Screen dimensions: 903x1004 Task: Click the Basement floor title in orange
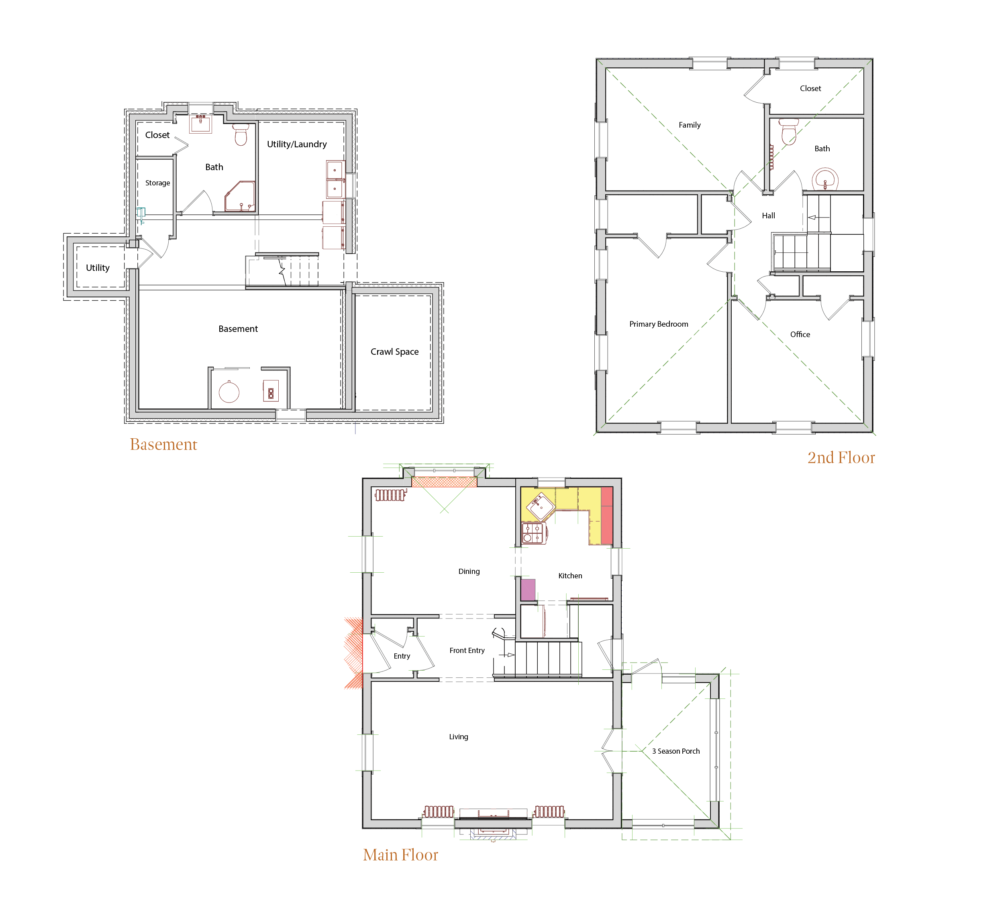tap(163, 445)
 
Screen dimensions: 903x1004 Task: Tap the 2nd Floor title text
tap(841, 458)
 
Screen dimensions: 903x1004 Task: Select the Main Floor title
tap(400, 855)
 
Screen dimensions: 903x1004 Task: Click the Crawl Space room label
tap(394, 352)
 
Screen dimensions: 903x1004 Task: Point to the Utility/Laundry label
tap(296, 144)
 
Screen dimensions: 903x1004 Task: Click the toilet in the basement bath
tap(241, 134)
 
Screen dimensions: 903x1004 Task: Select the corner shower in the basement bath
tap(240, 197)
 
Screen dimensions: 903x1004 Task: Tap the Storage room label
tap(157, 183)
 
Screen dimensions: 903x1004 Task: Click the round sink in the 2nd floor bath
tap(825, 179)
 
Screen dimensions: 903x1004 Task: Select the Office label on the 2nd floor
tap(800, 334)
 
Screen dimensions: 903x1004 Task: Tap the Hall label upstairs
tap(768, 216)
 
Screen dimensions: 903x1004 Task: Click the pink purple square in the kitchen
tap(528, 590)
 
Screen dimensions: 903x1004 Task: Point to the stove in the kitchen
tap(533, 533)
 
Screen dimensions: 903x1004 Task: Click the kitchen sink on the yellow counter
tap(540, 506)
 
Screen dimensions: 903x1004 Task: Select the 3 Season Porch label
tap(675, 751)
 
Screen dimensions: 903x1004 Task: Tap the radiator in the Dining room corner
tap(390, 495)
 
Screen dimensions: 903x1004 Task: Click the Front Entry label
tap(467, 651)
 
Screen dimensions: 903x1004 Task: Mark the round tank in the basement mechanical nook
tap(229, 392)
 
